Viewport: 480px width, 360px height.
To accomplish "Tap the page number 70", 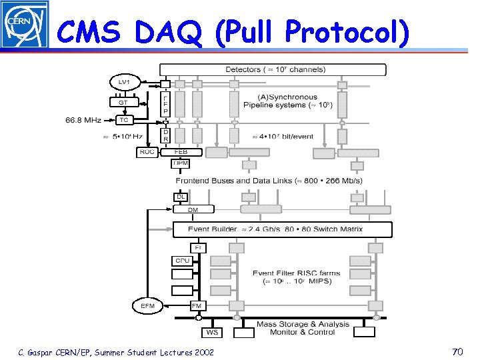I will pos(457,351).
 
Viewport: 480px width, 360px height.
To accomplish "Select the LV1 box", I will pos(123,82).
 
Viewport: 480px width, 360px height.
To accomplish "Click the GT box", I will pos(123,103).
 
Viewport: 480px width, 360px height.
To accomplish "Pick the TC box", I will pos(123,120).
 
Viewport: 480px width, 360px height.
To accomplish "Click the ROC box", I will pos(147,152).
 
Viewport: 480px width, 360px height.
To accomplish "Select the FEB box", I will pos(181,152).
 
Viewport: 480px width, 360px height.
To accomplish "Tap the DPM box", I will pos(181,163).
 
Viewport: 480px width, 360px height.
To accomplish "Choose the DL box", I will pos(181,197).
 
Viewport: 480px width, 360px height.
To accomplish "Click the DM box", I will pos(193,209).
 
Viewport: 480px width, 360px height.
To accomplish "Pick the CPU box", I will pos(182,261).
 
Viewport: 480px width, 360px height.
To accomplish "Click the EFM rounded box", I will pos(148,306).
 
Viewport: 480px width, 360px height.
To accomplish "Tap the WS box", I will pos(212,332).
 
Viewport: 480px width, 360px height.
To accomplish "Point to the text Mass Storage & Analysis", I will pos(303,325).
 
